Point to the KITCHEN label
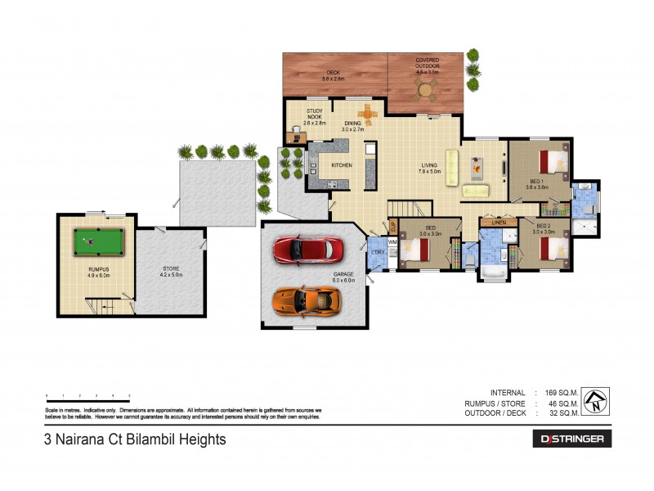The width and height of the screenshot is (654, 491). click(x=341, y=165)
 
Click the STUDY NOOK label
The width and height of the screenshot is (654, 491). click(x=316, y=115)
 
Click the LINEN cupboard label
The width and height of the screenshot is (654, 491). click(x=495, y=222)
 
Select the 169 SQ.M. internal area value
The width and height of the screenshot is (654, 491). click(x=559, y=392)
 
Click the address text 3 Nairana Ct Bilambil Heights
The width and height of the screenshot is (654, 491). click(x=135, y=439)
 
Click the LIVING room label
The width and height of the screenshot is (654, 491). click(x=429, y=169)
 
